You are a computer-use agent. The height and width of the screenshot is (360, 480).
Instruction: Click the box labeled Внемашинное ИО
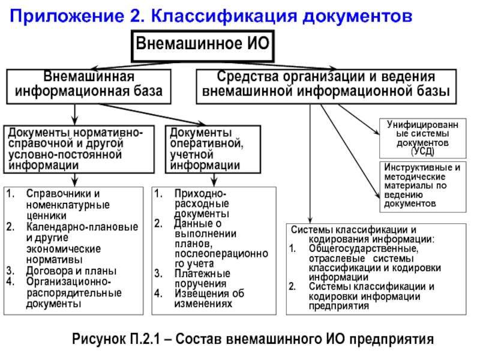pyautogui.click(x=202, y=44)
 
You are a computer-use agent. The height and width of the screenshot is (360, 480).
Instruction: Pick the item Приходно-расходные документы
pyautogui.click(x=201, y=204)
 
